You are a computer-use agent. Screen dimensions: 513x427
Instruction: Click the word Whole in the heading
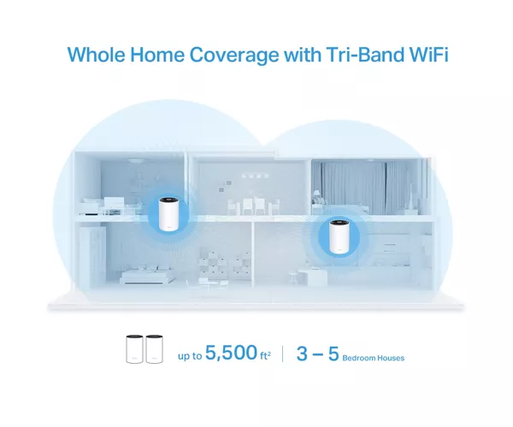[x=96, y=55]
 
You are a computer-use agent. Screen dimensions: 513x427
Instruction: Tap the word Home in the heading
[x=157, y=55]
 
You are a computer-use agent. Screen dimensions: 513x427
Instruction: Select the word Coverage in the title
[x=234, y=56]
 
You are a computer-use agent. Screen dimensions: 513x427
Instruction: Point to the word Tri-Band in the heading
[x=361, y=55]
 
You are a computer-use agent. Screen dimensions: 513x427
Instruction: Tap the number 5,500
[x=232, y=353]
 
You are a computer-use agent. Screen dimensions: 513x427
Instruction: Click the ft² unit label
[x=265, y=355]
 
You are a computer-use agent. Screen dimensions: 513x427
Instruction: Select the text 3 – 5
[x=317, y=354]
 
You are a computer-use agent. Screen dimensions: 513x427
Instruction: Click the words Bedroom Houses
[x=374, y=358]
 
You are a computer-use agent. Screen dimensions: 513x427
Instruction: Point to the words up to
[x=190, y=356]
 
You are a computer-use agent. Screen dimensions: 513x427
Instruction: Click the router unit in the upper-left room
[x=168, y=214]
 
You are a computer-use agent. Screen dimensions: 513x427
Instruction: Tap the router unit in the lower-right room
[x=339, y=237]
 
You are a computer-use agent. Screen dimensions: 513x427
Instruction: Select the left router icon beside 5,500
[x=134, y=349]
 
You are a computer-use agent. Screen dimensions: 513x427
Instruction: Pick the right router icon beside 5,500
[x=154, y=349]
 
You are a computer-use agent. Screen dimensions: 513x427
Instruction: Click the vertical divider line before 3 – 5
[x=283, y=354]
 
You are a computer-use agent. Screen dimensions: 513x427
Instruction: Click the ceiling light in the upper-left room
[x=134, y=161]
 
